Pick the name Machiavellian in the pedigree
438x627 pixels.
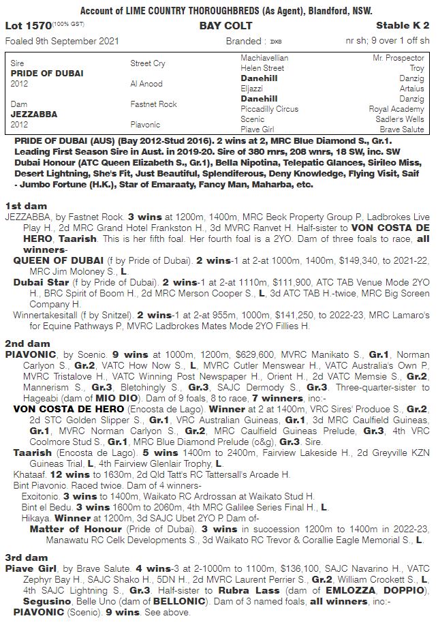click(264, 59)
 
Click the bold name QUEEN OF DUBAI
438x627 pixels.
click(59, 260)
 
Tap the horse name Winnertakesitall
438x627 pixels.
click(46, 315)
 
